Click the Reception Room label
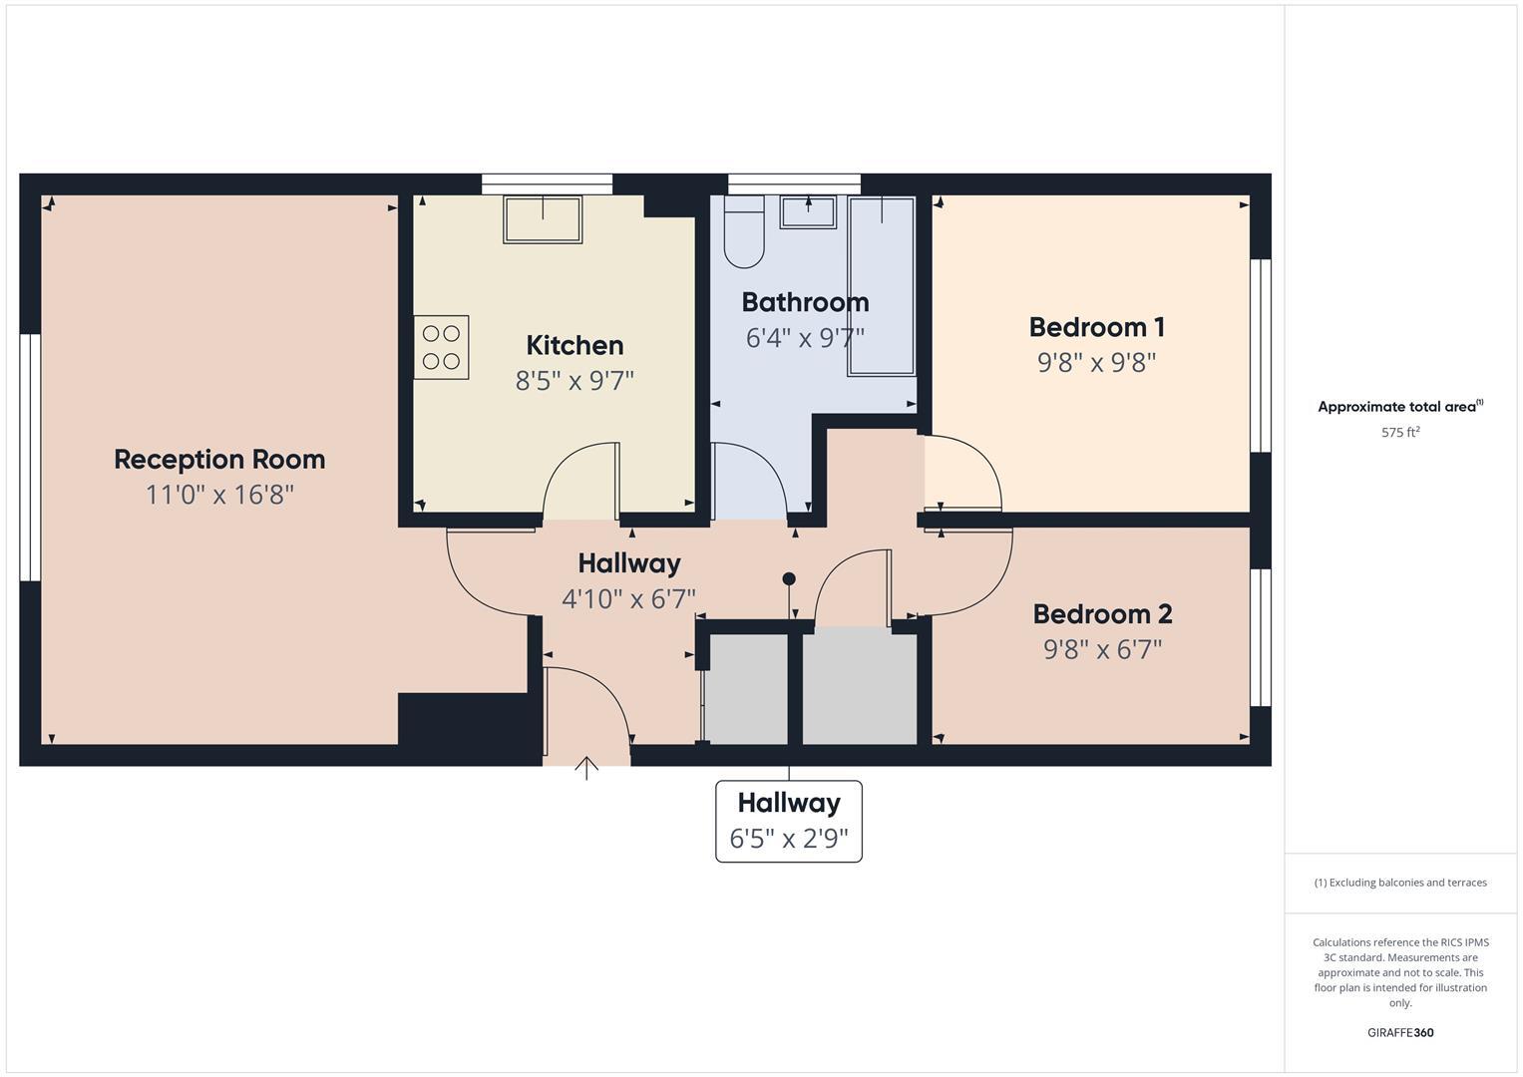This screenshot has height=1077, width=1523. point(219,460)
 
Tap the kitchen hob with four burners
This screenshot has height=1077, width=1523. point(441,347)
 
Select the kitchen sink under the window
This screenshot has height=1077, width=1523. point(543,219)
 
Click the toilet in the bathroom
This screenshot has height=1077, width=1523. point(743,233)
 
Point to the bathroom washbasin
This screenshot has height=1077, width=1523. point(808,211)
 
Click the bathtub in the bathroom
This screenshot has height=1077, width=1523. point(881,286)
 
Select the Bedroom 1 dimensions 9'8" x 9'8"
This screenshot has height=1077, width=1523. point(1096,362)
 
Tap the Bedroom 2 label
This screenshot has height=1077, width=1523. point(1102,614)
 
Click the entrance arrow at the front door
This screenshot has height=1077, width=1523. point(586,768)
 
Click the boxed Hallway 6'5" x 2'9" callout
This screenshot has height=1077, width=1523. point(789,821)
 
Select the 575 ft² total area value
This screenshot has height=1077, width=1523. point(1400,433)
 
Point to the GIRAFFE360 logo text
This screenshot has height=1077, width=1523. point(1400,1032)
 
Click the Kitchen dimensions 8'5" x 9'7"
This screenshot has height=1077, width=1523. point(574,380)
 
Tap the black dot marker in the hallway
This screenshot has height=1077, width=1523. point(789,578)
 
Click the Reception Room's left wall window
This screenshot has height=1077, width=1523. point(30,458)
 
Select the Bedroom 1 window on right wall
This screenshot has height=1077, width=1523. point(1261,356)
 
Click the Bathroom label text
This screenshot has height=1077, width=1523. point(805,302)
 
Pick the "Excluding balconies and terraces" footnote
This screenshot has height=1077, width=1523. point(1400,883)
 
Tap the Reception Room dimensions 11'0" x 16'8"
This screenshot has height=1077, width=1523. point(219,495)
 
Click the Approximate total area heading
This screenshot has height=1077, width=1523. point(1399,407)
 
